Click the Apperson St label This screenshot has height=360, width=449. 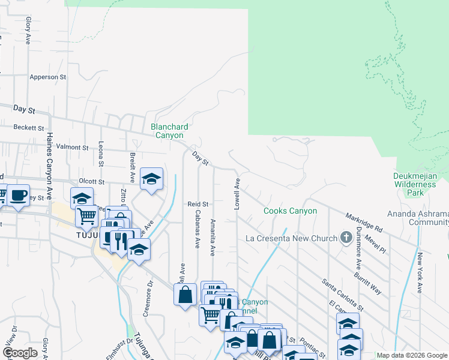coord(47,77)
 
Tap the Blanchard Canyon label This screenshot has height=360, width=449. coord(169,131)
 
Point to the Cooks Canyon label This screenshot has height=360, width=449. coord(291,211)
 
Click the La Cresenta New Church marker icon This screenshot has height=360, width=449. coord(346,238)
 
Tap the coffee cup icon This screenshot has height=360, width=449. coord(18,195)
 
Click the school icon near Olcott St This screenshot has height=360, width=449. coord(152,178)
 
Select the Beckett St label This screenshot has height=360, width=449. coord(29,128)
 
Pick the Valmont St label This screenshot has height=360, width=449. coord(72,147)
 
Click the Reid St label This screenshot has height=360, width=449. coord(197,204)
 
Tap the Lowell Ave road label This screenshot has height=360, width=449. coord(237,193)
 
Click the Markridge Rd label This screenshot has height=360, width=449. coord(364,222)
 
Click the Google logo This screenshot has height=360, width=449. coord(20,353)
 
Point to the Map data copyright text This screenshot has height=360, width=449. coord(412,355)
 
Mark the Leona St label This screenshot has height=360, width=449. coord(101,155)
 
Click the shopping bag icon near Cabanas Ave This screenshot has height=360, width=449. coord(185,294)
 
